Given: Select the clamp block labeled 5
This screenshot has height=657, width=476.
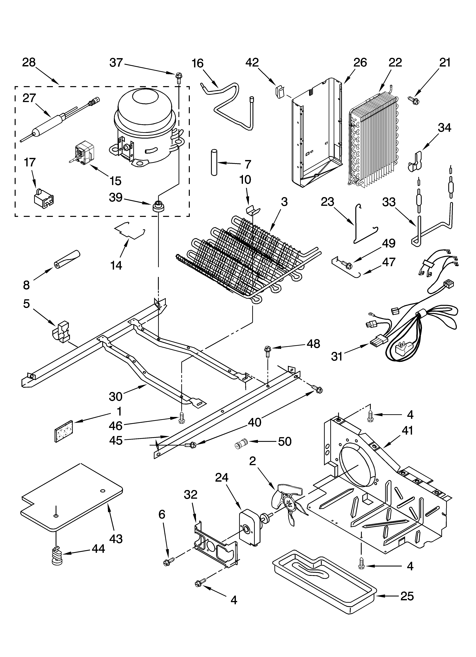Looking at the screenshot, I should (x=61, y=331).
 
